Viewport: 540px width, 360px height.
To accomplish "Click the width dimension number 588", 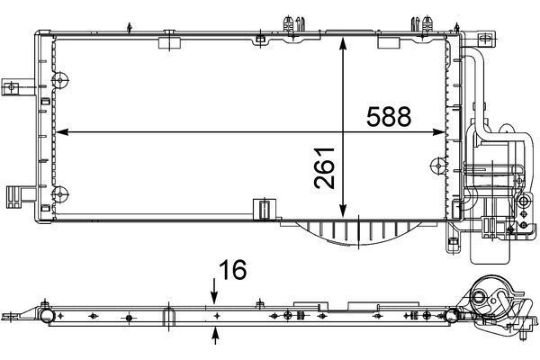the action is [389, 116].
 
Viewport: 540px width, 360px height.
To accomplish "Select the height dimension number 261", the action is [325, 168].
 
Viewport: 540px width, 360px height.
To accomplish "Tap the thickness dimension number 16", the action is [233, 269].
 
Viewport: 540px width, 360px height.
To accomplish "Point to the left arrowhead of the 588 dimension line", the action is [61, 132].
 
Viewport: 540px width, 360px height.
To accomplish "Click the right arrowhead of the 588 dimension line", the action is [439, 132].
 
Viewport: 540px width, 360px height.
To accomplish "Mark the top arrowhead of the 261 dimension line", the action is [343, 44].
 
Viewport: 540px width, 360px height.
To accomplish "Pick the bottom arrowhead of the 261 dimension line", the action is [343, 211].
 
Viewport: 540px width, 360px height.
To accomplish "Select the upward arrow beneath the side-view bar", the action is [216, 336].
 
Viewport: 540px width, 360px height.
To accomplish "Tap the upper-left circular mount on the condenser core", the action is [60, 80].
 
